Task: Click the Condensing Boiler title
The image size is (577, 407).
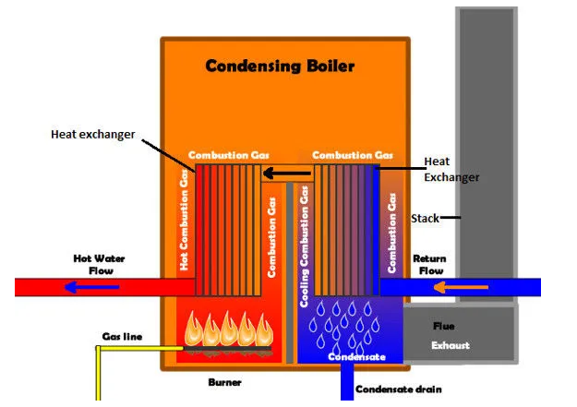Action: [x=280, y=66]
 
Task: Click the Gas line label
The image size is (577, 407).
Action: [x=122, y=336]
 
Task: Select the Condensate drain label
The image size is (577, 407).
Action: [x=398, y=389]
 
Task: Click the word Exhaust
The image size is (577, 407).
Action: [x=451, y=345]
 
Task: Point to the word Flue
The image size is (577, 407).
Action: [x=444, y=326]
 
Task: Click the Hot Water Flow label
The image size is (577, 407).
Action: [x=100, y=265]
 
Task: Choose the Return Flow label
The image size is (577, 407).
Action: [x=429, y=265]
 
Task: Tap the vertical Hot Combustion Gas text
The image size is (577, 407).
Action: [x=184, y=221]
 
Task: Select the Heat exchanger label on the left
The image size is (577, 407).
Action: [x=92, y=134]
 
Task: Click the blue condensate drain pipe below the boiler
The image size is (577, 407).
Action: [x=347, y=384]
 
